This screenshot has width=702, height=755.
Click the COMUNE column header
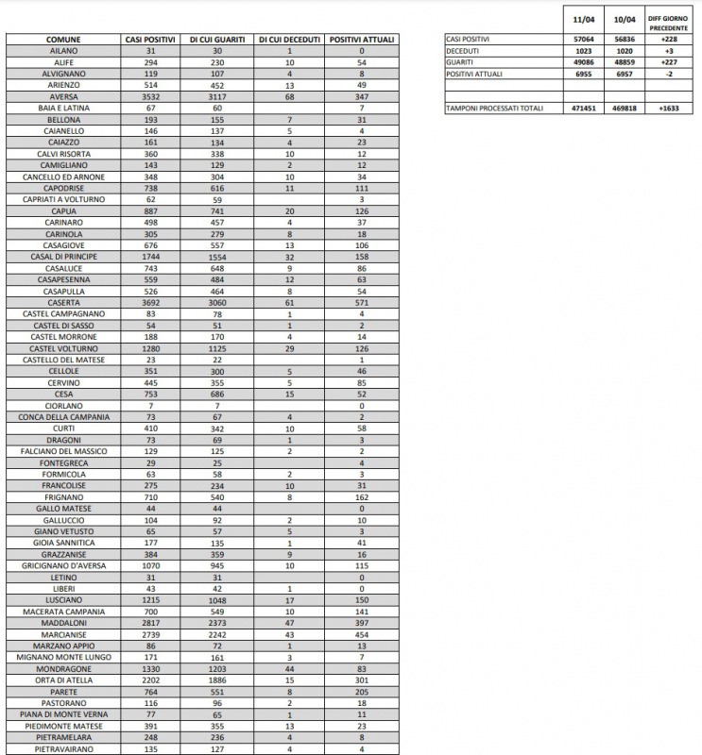point(63,39)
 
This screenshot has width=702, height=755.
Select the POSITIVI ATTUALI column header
point(362,39)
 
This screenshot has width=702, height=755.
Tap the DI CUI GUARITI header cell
point(218,39)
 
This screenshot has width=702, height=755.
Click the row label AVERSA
point(63,96)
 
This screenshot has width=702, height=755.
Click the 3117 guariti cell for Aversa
point(218,96)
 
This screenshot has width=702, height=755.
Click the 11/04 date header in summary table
point(584,19)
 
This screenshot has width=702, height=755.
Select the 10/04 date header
point(625,19)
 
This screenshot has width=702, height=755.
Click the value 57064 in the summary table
point(584,39)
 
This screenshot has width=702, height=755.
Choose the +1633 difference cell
point(669,109)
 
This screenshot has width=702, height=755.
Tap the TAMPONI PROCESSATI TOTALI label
point(494,109)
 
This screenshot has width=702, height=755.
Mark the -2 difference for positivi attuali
point(669,73)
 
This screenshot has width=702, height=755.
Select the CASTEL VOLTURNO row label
point(63,348)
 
